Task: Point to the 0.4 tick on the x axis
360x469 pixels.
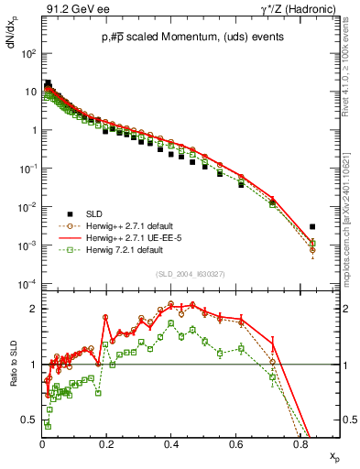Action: coord(171,446)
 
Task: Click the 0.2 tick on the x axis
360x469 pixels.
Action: coord(107,446)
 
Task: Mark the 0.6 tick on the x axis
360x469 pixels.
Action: coord(235,446)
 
